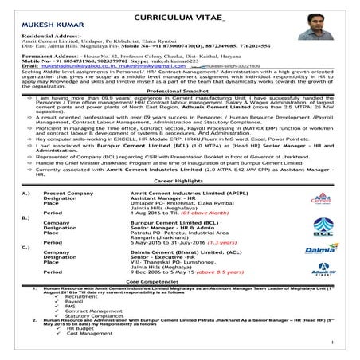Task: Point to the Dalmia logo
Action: (328, 273)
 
